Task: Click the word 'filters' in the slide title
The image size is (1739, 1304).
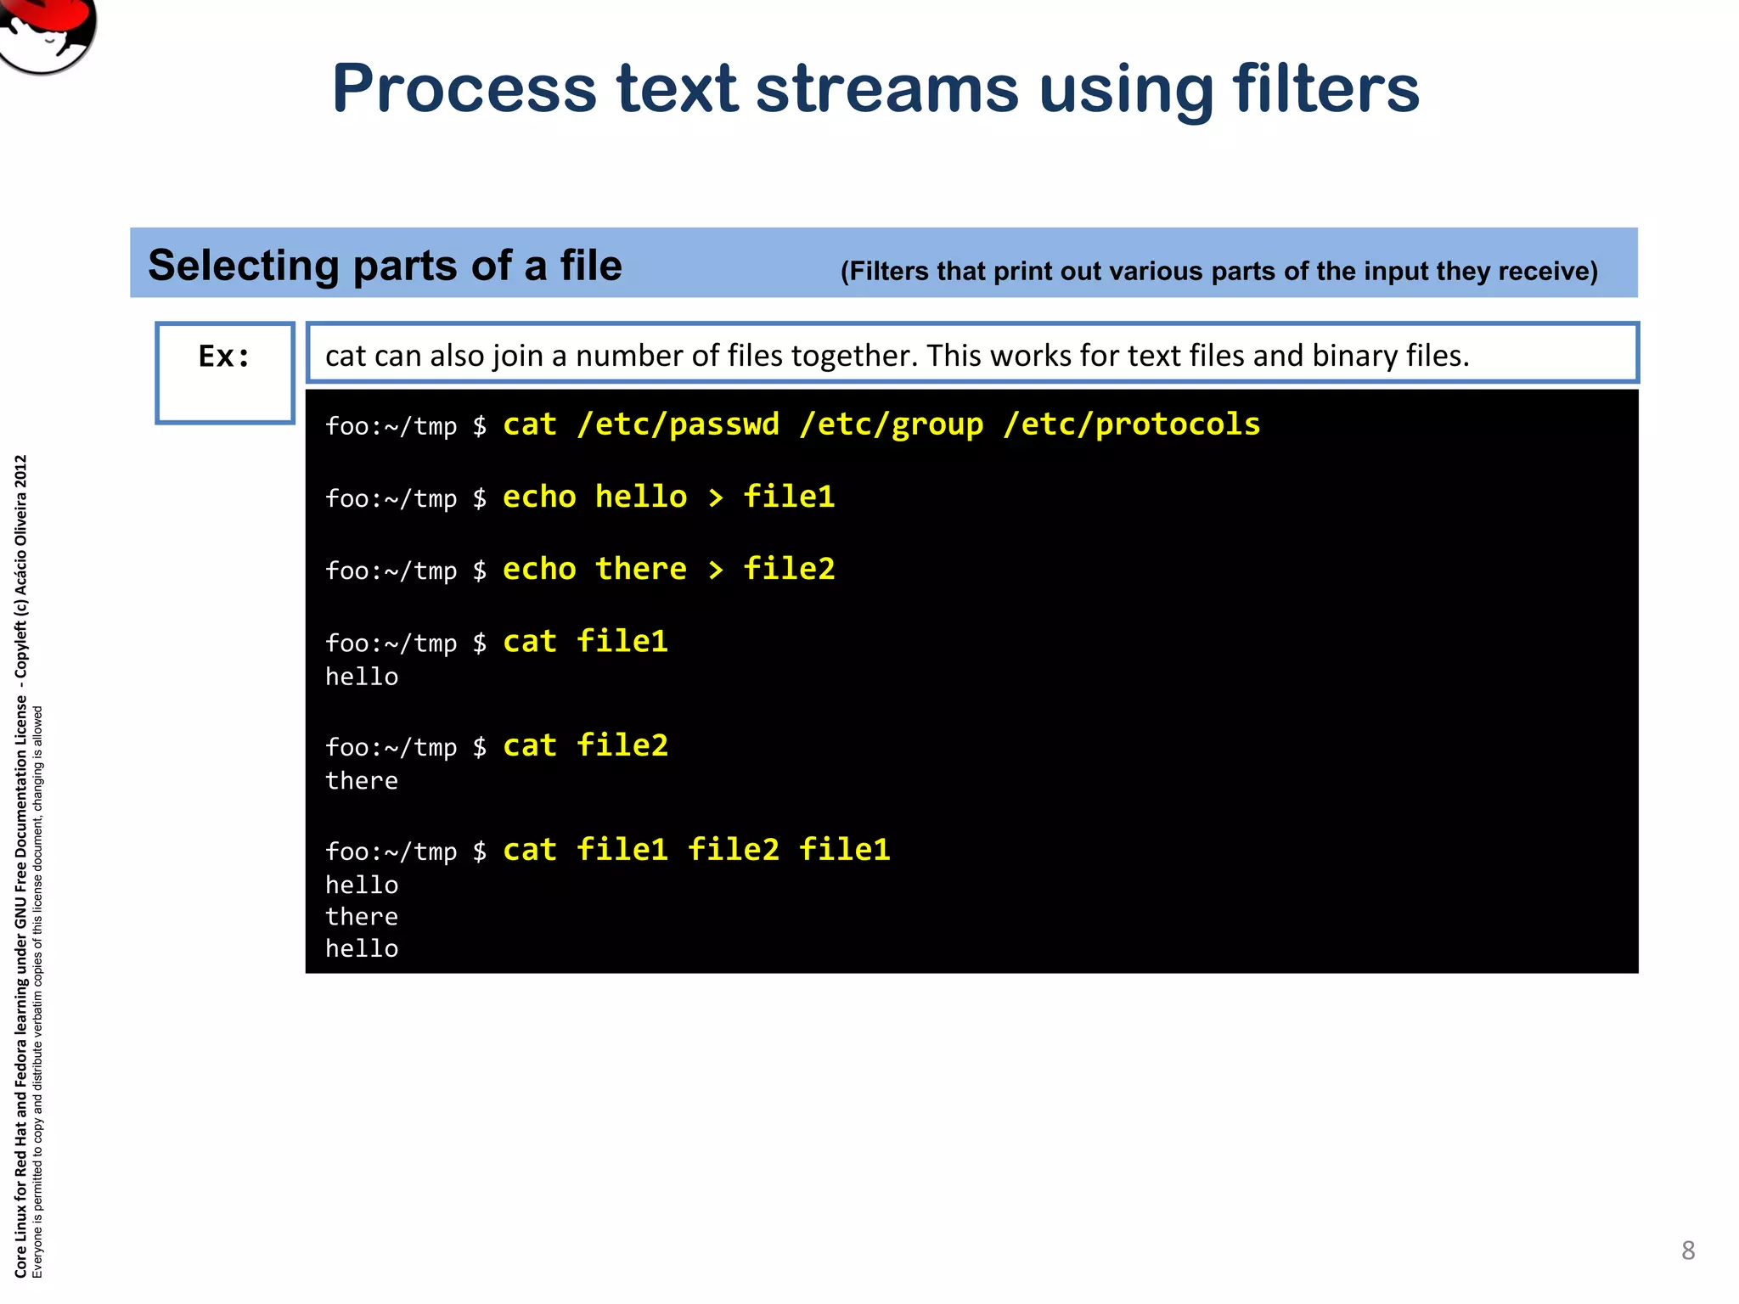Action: click(x=1325, y=89)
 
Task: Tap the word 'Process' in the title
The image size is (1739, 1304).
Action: click(x=464, y=89)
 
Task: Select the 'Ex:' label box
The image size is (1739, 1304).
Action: click(x=225, y=372)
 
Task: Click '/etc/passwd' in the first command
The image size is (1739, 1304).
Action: click(x=678, y=424)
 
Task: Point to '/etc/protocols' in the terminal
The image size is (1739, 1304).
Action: click(x=1132, y=424)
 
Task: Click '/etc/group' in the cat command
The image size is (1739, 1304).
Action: click(x=891, y=424)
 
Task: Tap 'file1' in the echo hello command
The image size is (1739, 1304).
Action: click(x=789, y=497)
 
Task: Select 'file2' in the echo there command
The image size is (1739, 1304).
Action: click(x=789, y=569)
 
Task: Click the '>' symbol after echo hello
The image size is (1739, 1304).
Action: click(x=716, y=497)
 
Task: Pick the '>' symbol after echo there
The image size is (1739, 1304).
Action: click(x=716, y=570)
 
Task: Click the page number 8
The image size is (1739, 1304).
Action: click(x=1688, y=1251)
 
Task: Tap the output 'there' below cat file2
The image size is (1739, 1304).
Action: click(x=362, y=781)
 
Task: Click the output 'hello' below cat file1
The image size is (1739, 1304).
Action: click(x=362, y=677)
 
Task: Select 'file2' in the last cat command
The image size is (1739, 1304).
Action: click(x=733, y=850)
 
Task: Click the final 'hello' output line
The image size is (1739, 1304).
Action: click(x=362, y=948)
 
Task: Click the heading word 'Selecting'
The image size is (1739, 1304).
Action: click(x=243, y=266)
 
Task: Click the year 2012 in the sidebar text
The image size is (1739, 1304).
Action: click(x=21, y=472)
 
